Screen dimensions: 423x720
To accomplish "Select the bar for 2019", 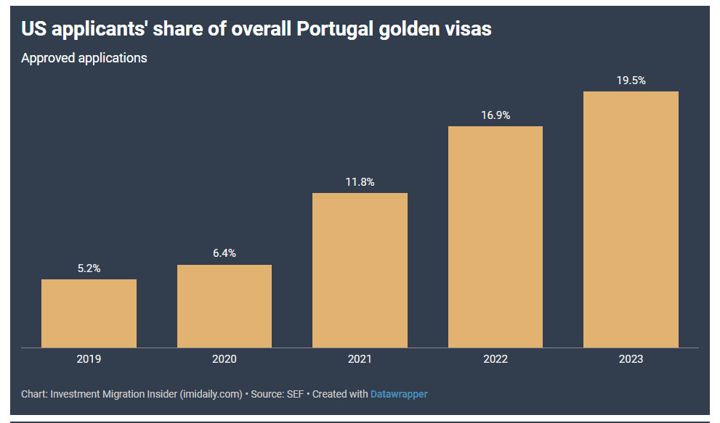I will (89, 313).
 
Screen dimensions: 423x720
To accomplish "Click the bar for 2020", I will (225, 306).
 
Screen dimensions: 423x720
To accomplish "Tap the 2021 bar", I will (360, 270).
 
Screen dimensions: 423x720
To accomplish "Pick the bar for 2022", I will (495, 237).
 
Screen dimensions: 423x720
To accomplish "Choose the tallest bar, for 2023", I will (631, 219).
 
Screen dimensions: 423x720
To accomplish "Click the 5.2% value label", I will (89, 268).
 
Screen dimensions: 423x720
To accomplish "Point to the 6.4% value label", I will (225, 253).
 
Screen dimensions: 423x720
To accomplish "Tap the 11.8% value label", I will (360, 182).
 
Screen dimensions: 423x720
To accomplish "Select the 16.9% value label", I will (495, 115).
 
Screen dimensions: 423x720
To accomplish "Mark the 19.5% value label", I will (631, 81).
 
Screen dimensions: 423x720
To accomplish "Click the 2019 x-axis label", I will (89, 359).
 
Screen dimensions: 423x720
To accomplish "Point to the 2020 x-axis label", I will (225, 359).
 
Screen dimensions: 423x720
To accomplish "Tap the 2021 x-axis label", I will (360, 359).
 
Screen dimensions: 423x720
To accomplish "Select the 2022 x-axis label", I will (495, 359).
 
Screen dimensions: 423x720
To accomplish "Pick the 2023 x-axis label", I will (631, 359).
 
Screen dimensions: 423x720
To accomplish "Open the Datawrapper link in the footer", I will (399, 394).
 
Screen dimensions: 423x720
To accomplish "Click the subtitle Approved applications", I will (84, 58).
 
